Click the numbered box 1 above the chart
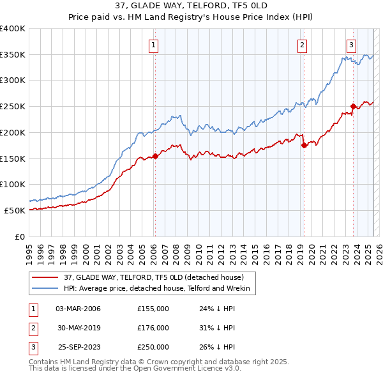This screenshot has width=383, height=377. pos(154,45)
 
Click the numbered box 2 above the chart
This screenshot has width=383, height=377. pos(301,45)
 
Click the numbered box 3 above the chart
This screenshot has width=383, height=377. pos(352,45)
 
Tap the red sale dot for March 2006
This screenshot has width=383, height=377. pos(155,156)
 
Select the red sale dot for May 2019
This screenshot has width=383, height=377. pos(304,145)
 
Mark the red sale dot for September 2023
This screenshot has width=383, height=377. pos(353,106)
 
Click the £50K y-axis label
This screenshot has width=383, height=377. pos(15,210)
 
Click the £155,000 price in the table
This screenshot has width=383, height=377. pos(153,309)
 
